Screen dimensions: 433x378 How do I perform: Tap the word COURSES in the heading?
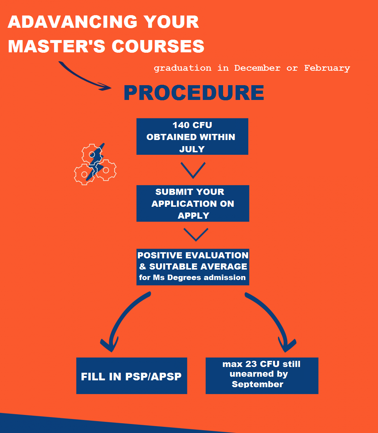[158, 47]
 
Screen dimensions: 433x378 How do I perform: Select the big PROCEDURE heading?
[194, 93]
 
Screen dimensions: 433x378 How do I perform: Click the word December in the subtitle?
[257, 68]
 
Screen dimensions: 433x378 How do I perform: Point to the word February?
[327, 68]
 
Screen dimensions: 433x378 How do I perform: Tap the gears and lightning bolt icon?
[95, 164]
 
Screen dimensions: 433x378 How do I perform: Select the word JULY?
[192, 149]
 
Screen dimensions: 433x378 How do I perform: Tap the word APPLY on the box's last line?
[193, 215]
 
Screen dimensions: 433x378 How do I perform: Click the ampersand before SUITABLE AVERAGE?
[143, 267]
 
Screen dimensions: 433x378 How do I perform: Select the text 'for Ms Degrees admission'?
[192, 277]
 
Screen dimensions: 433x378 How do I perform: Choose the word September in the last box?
[257, 384]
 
